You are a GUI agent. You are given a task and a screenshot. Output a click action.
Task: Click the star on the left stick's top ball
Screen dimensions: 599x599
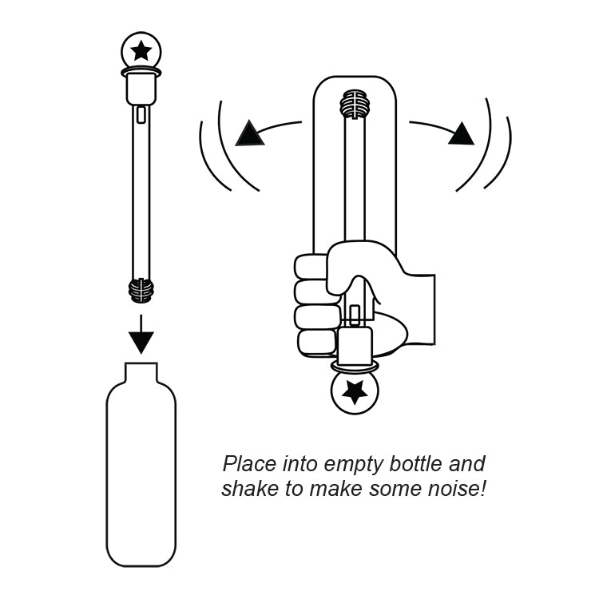click(141, 51)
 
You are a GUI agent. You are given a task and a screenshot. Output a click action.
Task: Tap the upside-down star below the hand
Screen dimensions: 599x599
click(354, 391)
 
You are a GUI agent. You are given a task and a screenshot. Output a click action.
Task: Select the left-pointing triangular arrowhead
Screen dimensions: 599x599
click(250, 133)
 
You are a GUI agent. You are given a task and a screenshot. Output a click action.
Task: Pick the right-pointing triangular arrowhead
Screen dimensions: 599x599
click(461, 133)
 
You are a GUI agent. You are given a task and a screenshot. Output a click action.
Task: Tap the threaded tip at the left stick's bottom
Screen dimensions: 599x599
click(141, 290)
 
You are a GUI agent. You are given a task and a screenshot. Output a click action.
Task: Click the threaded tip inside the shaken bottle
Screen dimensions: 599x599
click(355, 105)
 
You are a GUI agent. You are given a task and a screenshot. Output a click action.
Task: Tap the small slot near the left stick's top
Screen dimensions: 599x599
click(141, 114)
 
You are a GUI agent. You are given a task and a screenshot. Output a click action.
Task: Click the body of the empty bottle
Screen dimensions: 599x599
click(141, 479)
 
